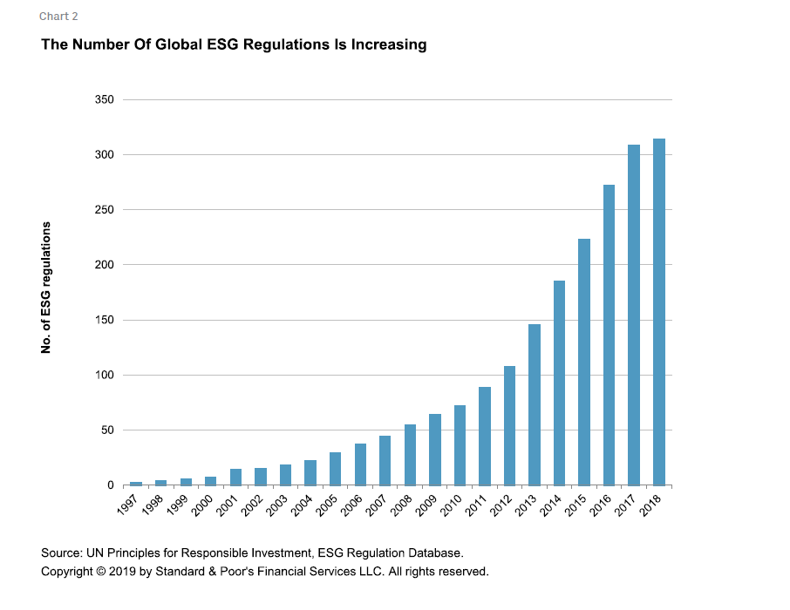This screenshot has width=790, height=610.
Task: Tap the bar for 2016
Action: point(610,335)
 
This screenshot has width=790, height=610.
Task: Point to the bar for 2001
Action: point(235,477)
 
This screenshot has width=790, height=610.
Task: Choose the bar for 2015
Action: point(584,362)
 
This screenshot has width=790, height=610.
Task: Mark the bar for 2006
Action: point(360,464)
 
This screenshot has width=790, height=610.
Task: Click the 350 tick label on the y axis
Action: point(105,100)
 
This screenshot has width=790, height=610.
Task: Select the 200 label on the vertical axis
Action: point(105,265)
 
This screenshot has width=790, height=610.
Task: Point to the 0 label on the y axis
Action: point(111,485)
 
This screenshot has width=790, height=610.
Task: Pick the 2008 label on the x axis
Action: point(403,505)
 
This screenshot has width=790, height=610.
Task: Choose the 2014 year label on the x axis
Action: point(552,505)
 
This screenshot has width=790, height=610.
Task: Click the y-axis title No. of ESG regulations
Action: point(46,288)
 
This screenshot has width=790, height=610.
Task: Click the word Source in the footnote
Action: point(59,553)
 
